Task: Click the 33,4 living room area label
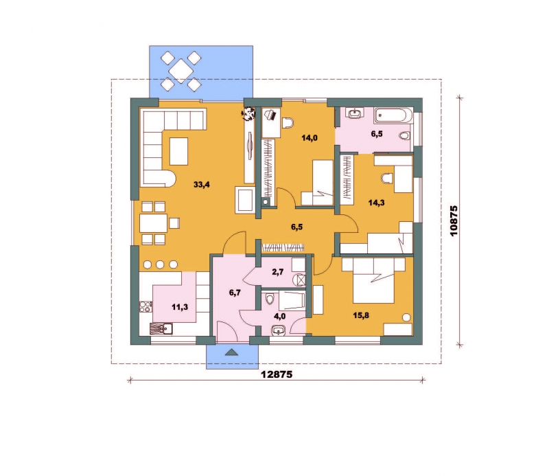coord(202,184)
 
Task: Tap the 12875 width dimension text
coord(277,374)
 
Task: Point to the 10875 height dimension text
coord(454,220)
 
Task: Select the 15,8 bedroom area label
coord(361,315)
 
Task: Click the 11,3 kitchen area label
coord(180,307)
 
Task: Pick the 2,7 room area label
coord(278,271)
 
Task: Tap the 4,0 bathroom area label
coord(280,316)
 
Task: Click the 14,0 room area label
coord(309,138)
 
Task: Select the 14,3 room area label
coord(376,202)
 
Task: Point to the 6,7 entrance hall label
coord(235,293)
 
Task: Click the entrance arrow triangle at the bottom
coord(231,352)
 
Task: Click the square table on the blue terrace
coord(180,71)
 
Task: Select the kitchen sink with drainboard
coord(161,329)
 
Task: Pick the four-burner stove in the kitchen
coord(146,307)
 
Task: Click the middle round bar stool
coord(161,264)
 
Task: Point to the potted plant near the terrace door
coord(249,113)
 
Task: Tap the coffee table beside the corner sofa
coord(179,151)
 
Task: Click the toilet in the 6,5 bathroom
coord(405,135)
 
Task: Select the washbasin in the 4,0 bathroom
coord(279,330)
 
